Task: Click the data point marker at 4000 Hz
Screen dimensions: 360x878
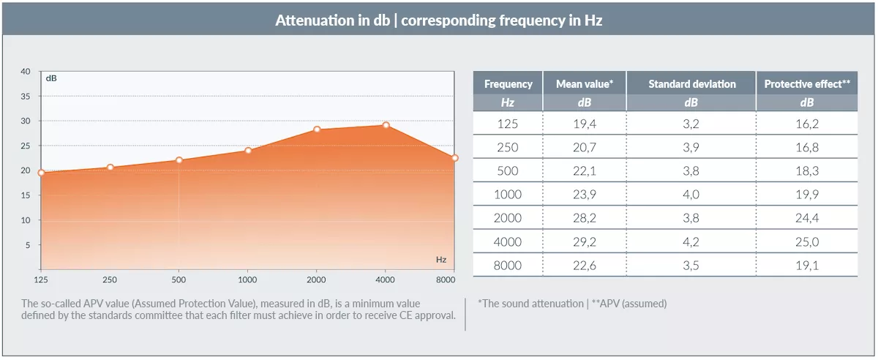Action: [x=386, y=125]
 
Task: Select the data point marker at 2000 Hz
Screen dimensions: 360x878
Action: [x=317, y=130]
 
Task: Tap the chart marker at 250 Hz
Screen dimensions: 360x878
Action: [x=110, y=168]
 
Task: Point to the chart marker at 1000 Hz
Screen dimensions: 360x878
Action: [x=248, y=151]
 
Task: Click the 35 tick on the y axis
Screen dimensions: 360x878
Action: [x=26, y=97]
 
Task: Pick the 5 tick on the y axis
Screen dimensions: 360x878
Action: [x=28, y=245]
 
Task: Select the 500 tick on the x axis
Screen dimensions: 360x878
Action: [x=179, y=280]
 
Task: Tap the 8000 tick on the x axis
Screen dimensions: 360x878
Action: [x=445, y=280]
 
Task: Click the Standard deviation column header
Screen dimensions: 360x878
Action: [x=691, y=84]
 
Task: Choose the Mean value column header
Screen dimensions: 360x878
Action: [x=584, y=84]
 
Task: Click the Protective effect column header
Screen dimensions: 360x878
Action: [x=806, y=84]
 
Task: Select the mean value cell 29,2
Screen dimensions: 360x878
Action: [x=584, y=241]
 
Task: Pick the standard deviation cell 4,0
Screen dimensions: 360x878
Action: [x=691, y=195]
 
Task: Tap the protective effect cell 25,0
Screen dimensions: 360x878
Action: [x=806, y=241]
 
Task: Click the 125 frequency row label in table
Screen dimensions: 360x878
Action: [x=507, y=124]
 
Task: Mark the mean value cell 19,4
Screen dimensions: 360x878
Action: [x=584, y=124]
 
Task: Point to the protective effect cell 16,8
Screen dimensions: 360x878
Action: [x=806, y=147]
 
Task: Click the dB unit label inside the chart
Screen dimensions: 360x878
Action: [x=51, y=78]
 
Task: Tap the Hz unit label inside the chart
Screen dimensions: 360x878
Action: [x=440, y=260]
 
